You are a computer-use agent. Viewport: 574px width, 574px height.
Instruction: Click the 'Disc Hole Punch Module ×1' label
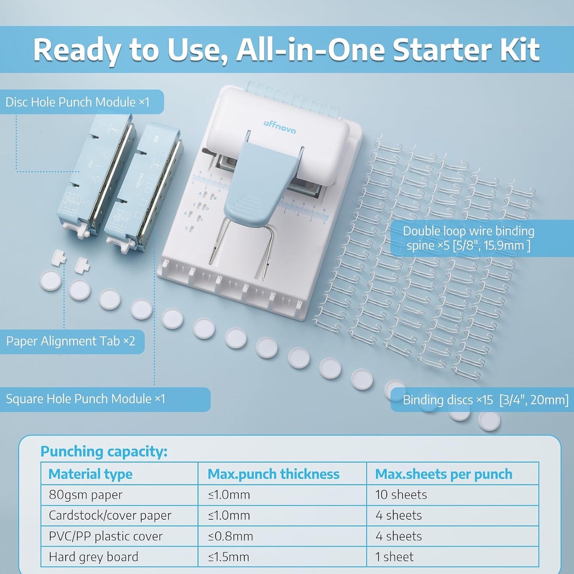point(77,102)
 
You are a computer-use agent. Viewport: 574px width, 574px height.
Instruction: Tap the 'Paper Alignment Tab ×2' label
point(71,341)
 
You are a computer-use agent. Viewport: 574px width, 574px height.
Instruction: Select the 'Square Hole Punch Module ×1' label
point(85,399)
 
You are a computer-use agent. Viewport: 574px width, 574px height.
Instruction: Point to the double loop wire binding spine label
point(468,238)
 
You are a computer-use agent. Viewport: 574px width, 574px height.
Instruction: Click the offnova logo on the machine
point(280,126)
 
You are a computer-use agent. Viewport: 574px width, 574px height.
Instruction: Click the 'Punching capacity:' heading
point(104,451)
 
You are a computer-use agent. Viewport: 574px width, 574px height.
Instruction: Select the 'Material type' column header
point(91,474)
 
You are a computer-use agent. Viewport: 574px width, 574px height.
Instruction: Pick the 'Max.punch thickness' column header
point(273,474)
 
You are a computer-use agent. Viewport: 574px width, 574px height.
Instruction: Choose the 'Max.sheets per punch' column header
point(443,474)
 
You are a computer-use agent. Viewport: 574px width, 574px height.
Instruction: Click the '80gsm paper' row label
point(85,495)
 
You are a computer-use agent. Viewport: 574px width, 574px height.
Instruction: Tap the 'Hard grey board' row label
point(93,557)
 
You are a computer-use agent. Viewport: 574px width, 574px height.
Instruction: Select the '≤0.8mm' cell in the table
point(230,536)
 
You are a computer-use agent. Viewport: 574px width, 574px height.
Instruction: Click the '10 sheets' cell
point(401,495)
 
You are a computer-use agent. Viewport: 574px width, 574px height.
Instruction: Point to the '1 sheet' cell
point(394,557)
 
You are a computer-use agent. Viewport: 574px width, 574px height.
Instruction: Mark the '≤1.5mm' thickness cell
point(229,557)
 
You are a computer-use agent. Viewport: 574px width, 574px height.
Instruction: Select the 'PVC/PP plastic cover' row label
point(106,536)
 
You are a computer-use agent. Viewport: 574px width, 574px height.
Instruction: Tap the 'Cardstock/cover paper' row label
point(110,516)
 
